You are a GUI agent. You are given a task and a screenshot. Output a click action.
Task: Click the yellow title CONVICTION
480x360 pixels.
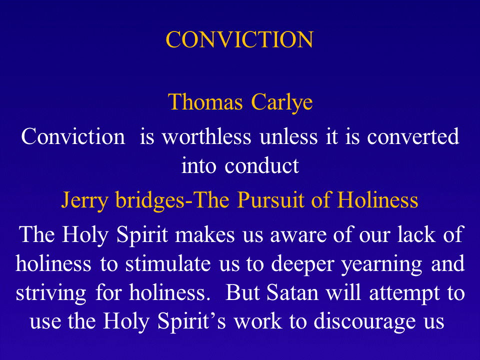[x=239, y=40]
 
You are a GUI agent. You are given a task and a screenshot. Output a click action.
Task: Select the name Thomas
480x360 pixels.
[x=205, y=101]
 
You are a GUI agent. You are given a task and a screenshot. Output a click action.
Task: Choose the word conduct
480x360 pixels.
[x=261, y=165]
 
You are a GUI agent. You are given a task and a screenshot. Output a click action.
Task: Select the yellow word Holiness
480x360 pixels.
[x=378, y=199]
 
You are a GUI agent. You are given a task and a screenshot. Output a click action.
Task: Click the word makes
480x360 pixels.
[x=205, y=234]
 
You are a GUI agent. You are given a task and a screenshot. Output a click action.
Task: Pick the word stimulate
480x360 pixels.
[x=168, y=263]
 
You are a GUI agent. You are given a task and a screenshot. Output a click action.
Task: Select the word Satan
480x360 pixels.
[x=292, y=292]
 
